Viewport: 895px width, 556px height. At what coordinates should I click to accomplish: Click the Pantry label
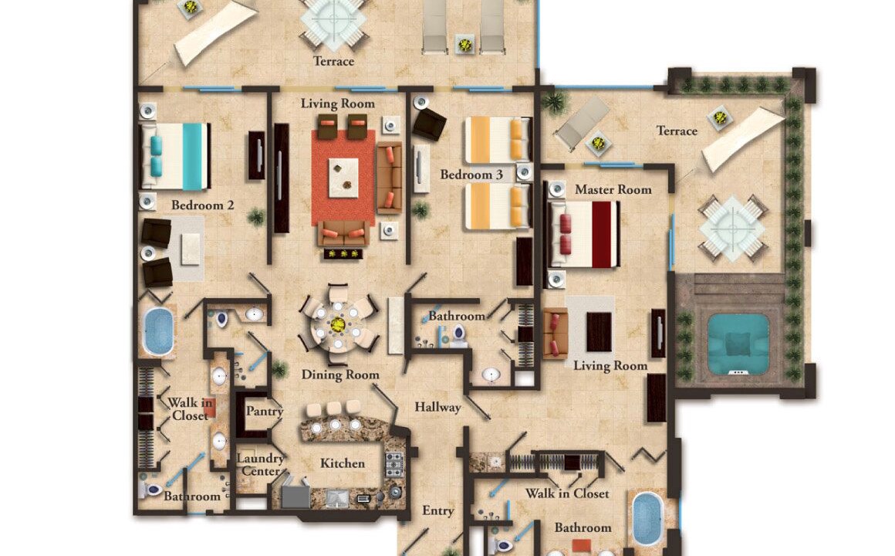pyautogui.click(x=265, y=412)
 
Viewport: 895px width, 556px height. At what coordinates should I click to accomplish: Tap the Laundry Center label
pyautogui.click(x=260, y=465)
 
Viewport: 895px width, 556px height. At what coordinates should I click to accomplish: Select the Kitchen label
pyautogui.click(x=342, y=463)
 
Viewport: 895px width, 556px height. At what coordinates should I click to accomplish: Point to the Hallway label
pyautogui.click(x=437, y=408)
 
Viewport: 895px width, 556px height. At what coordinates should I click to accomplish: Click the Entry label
pyautogui.click(x=437, y=511)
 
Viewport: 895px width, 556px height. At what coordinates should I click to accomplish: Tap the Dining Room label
pyautogui.click(x=340, y=375)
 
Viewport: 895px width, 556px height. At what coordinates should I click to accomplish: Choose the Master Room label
pyautogui.click(x=613, y=190)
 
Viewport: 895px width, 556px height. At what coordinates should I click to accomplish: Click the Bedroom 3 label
pyautogui.click(x=471, y=175)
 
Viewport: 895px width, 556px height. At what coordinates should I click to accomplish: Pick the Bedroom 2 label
pyautogui.click(x=203, y=205)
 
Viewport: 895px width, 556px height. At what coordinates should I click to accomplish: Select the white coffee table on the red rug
pyautogui.click(x=343, y=178)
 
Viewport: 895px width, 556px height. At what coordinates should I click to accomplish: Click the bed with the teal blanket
pyautogui.click(x=174, y=156)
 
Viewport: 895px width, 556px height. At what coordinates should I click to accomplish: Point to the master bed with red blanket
pyautogui.click(x=584, y=234)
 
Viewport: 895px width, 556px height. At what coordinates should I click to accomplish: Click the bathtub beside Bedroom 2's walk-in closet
pyautogui.click(x=157, y=331)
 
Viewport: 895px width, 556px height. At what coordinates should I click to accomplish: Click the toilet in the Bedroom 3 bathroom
pyautogui.click(x=458, y=335)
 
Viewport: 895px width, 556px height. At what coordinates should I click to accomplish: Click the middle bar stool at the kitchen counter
pyautogui.click(x=335, y=410)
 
